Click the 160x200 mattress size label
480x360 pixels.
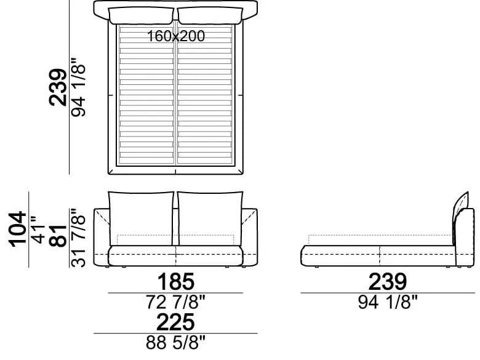click(176, 36)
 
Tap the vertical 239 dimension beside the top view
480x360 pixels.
click(58, 87)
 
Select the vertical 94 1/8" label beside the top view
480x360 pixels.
click(78, 87)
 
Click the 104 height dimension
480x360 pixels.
click(18, 229)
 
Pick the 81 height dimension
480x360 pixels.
click(58, 236)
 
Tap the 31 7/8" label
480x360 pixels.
click(78, 238)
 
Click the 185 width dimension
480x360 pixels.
click(175, 282)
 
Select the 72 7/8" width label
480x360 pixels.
click(175, 302)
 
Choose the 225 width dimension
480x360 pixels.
click(175, 322)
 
